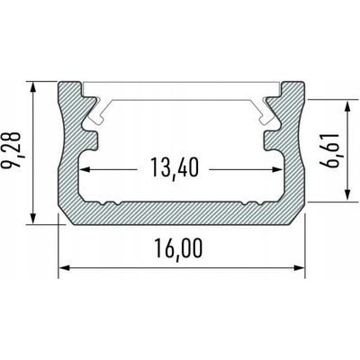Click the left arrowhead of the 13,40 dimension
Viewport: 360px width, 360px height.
[x=86, y=169]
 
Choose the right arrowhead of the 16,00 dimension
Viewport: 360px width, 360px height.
[x=297, y=266]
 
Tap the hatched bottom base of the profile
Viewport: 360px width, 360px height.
[x=180, y=209]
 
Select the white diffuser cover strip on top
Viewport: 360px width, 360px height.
[x=180, y=93]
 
